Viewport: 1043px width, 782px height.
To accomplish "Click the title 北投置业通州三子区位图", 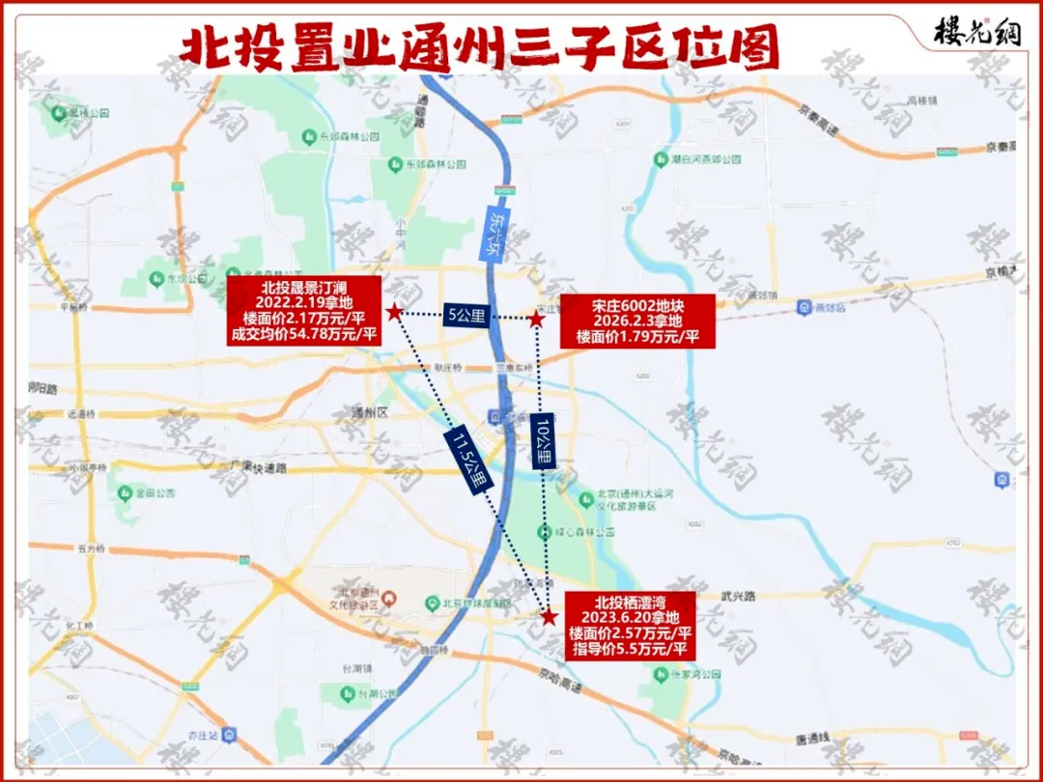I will pyautogui.click(x=480, y=47).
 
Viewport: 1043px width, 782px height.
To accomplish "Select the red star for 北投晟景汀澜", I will pyautogui.click(x=394, y=312).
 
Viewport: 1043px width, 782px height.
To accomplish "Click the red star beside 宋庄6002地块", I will pyautogui.click(x=536, y=319).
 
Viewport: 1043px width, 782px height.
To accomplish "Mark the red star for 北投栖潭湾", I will pyautogui.click(x=549, y=616).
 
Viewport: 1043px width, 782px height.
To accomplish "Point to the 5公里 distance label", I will pyautogui.click(x=465, y=315).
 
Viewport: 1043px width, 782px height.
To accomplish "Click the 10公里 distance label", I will pyautogui.click(x=543, y=442).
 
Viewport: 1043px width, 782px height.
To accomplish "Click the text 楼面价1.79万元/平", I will pyautogui.click(x=637, y=337).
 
